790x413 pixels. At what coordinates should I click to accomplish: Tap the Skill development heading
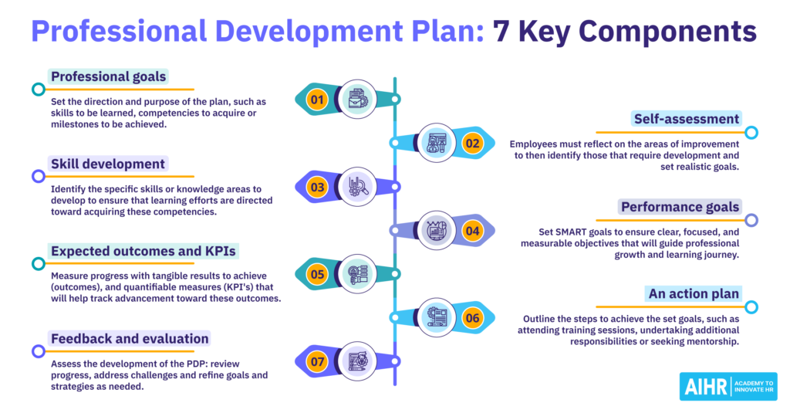[x=107, y=164]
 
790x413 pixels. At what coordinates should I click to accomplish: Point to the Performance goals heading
[x=680, y=206]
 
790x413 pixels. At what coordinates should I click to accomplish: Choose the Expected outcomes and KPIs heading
[x=143, y=251]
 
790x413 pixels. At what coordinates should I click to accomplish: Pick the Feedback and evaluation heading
[x=129, y=338]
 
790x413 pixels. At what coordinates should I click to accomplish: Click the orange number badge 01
[x=315, y=100]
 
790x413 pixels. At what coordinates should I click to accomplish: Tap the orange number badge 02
[x=472, y=142]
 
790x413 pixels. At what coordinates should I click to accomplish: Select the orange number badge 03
[x=315, y=187]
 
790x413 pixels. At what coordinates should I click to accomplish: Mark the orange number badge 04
[x=472, y=230]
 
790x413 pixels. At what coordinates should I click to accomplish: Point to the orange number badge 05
[x=315, y=273]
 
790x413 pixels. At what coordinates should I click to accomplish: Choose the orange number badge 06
[x=472, y=317]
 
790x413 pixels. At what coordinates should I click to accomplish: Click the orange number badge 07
[x=315, y=361]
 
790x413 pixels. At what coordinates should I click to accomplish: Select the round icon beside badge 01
[x=357, y=99]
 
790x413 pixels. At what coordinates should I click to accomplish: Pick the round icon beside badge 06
[x=437, y=317]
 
